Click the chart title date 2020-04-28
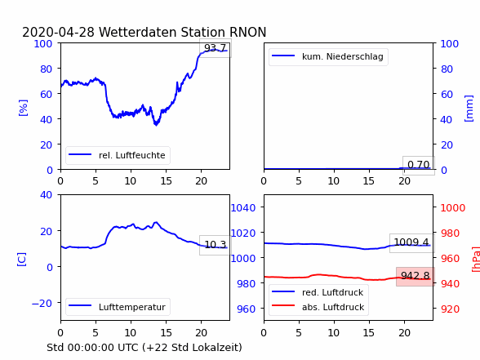point(59,32)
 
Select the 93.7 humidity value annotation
point(216,47)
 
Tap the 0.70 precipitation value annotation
point(419,165)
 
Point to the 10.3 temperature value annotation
point(216,245)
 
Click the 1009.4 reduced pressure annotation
point(411,242)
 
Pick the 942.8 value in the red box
point(416,276)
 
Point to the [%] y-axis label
point(23,108)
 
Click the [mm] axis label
point(469,109)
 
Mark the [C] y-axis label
point(22,260)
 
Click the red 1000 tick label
point(453,208)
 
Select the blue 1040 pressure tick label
point(243,208)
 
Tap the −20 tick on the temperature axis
point(42,304)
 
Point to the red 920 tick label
point(450,309)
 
